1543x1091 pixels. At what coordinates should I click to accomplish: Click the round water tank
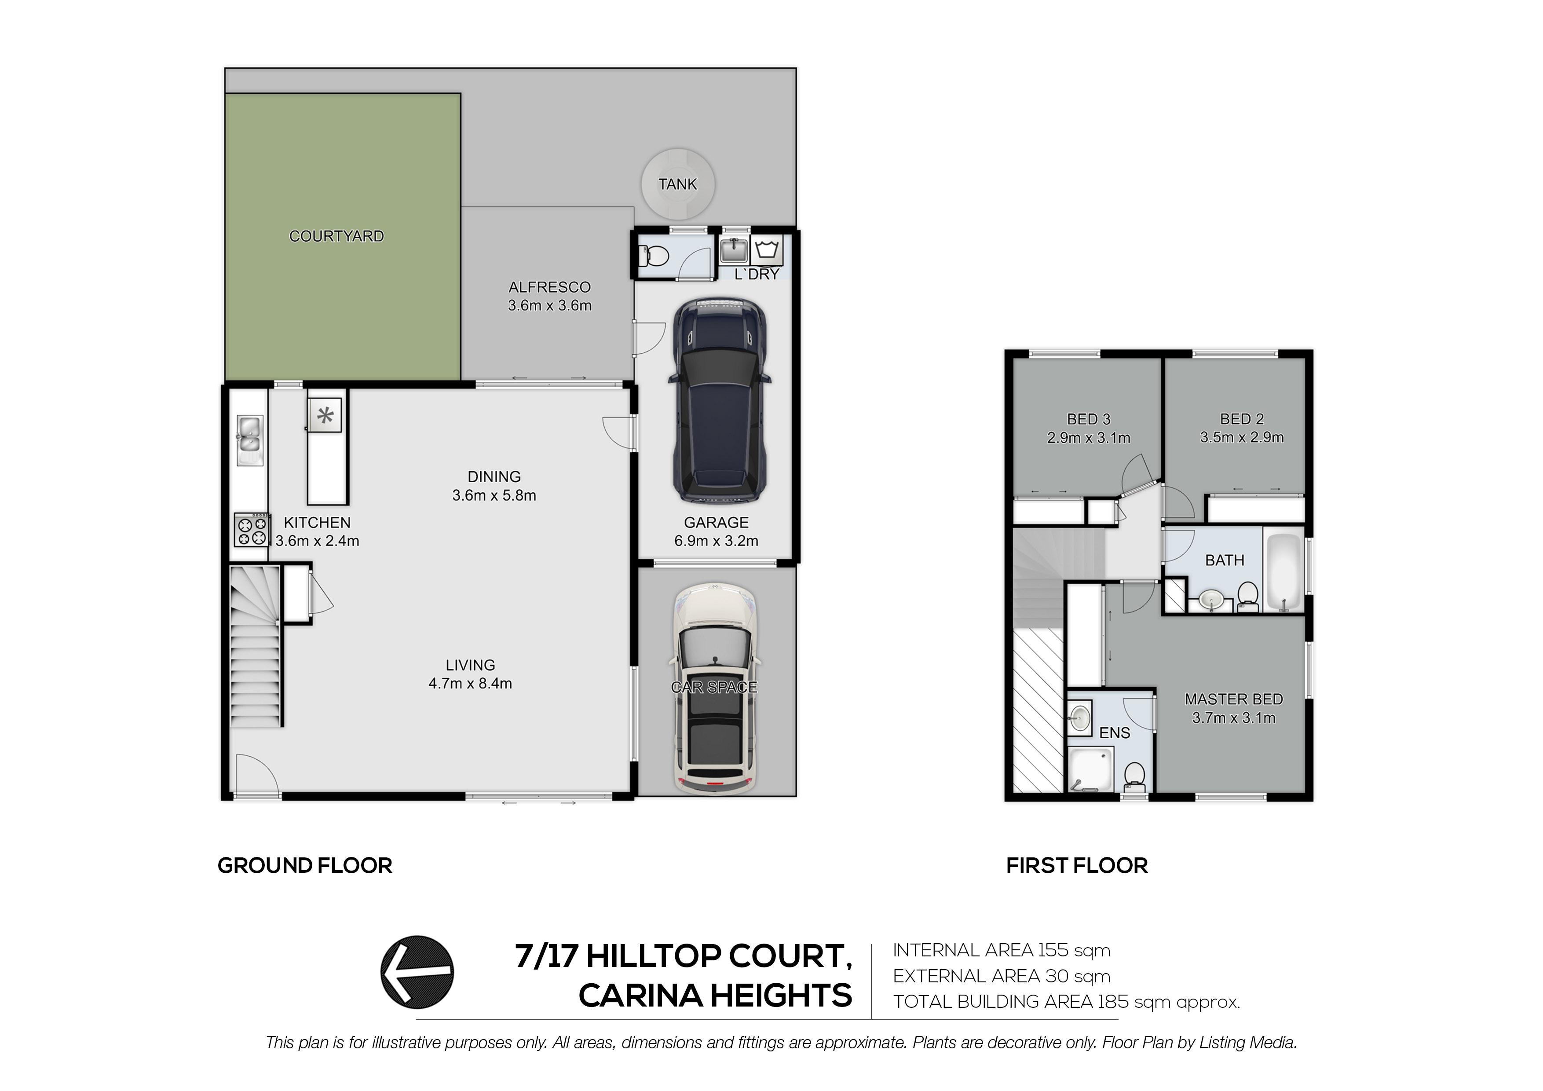coord(677,184)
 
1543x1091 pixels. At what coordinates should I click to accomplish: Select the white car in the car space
coord(715,689)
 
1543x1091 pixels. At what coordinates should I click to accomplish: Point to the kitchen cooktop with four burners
coord(251,530)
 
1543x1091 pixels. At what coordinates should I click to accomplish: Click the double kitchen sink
coord(249,440)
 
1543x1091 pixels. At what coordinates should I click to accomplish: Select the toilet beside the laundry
coord(654,256)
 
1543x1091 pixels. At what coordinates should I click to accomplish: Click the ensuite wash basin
coord(1080,718)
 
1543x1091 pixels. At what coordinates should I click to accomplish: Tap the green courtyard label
coord(336,236)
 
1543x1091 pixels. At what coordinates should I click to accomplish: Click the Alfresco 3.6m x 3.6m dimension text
coord(550,305)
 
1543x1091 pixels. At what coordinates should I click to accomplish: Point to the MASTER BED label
coord(1234,699)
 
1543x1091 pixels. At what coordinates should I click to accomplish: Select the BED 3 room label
coord(1089,419)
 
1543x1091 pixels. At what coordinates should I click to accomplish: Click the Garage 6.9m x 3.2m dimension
coord(717,541)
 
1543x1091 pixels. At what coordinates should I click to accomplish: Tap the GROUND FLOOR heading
coord(305,865)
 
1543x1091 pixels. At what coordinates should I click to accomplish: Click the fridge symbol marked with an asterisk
coord(325,415)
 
